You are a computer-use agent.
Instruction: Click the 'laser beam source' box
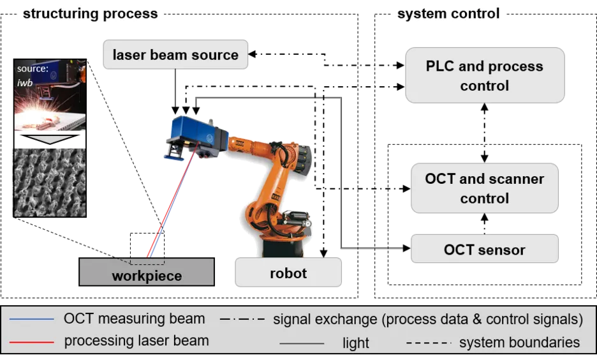[x=175, y=55]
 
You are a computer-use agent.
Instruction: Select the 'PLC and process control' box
[x=485, y=75]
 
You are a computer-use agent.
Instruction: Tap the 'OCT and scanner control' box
[x=485, y=188]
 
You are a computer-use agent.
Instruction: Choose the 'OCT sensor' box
[x=485, y=250]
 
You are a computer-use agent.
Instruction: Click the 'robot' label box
[x=288, y=273]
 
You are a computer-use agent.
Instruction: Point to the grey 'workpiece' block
[x=147, y=273]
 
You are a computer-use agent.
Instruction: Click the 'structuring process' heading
[x=90, y=13]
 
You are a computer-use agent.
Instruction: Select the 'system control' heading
[x=448, y=13]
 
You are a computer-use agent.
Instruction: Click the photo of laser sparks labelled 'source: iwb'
[x=50, y=96]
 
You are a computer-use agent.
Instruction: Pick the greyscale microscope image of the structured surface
[x=49, y=183]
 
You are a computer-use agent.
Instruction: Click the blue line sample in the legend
[x=28, y=319]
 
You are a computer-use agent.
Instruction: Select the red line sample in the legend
[x=28, y=341]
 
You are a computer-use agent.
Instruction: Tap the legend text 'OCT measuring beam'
[x=135, y=319]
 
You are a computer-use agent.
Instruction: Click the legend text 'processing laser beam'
[x=136, y=341]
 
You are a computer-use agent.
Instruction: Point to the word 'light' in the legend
[x=356, y=343]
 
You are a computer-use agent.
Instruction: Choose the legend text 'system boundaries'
[x=519, y=342]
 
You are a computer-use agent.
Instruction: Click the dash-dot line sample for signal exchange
[x=242, y=319]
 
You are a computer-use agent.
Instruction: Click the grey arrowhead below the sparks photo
[x=49, y=140]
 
